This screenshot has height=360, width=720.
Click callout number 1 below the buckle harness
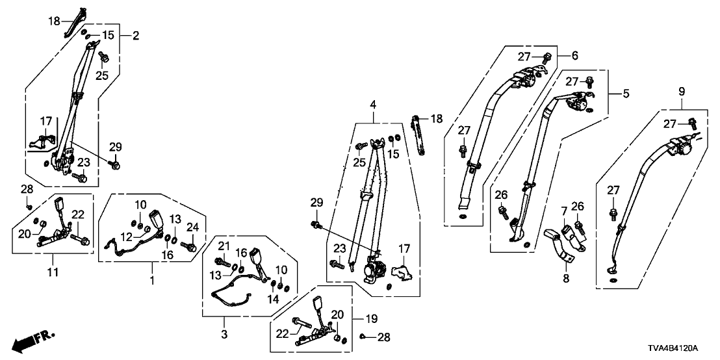click(152, 281)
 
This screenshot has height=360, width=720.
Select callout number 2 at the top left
click(135, 35)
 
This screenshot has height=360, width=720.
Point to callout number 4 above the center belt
click(373, 105)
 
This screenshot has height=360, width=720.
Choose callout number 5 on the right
click(625, 94)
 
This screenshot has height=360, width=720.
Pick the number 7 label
click(564, 211)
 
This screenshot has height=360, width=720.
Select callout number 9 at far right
click(681, 92)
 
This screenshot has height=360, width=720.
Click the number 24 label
click(191, 227)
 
